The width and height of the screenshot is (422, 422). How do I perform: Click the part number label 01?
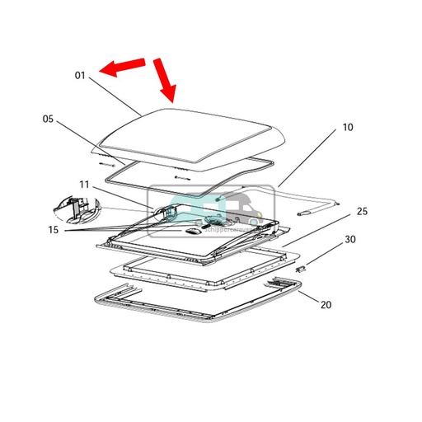pos(80,76)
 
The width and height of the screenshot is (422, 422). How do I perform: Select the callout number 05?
pos(48,119)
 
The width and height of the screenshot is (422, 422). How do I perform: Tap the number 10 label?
pos(347,129)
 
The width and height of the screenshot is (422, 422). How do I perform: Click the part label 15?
pos(52,229)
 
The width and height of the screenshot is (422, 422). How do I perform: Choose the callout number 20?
pos(325,304)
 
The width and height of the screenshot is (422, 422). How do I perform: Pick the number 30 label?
pos(349,240)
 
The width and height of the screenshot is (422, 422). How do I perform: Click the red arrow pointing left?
pos(120,68)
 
